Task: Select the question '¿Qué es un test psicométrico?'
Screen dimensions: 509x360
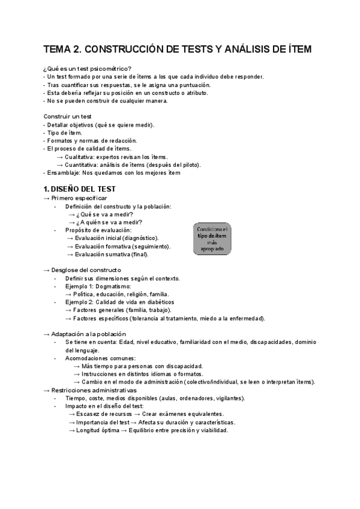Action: [88, 68]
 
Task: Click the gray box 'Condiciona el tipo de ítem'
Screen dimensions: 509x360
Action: [212, 238]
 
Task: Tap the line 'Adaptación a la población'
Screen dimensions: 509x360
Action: [89, 334]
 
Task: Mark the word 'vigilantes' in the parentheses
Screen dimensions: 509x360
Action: [227, 398]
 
